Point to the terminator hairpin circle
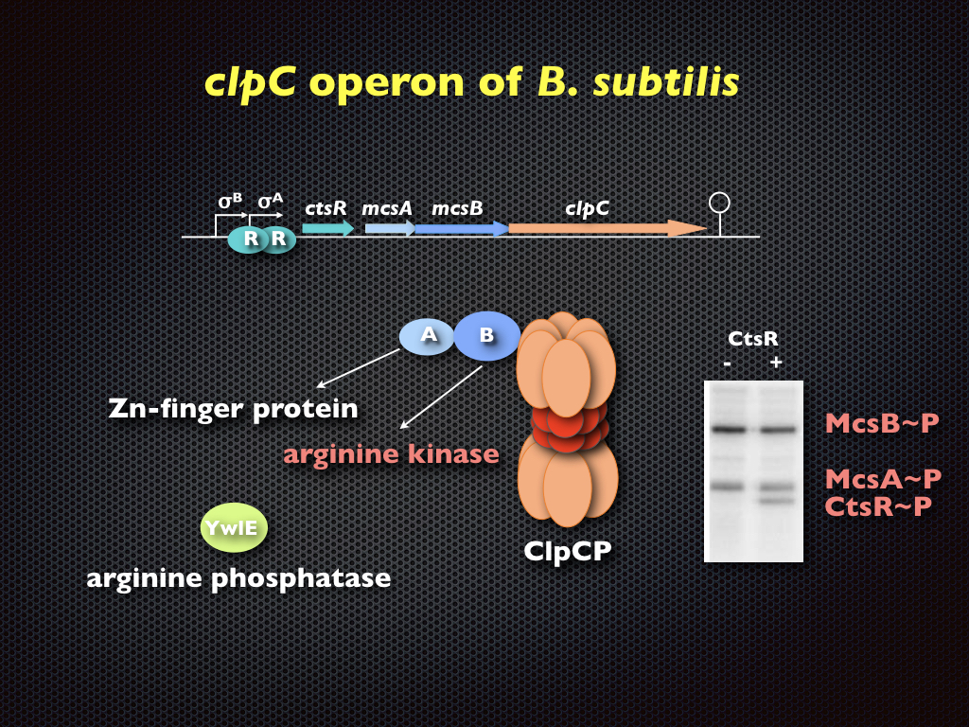point(720,202)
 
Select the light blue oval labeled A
point(428,335)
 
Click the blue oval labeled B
point(486,336)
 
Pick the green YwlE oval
point(234,528)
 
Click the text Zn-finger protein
point(233,409)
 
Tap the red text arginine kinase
point(391,454)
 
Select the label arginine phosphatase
point(238,577)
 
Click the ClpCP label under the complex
point(568,550)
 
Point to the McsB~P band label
point(882,423)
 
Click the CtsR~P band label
point(877,506)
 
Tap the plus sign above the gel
point(776,363)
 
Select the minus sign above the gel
point(727,363)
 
